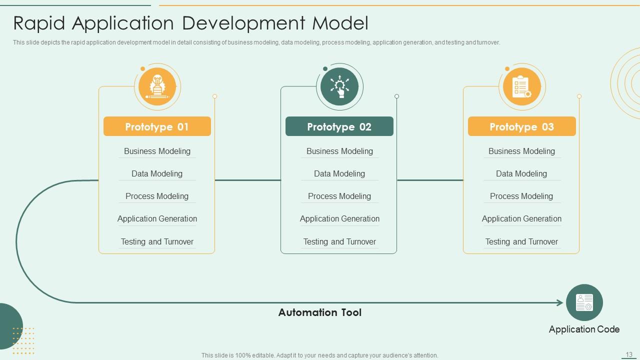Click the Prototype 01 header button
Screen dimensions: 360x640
point(157,126)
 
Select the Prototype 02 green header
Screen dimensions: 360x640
point(339,126)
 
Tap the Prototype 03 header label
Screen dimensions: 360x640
point(521,126)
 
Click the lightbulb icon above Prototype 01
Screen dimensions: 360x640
point(157,86)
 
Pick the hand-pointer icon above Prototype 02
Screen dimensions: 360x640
point(339,86)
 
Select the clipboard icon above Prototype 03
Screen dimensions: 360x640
point(521,86)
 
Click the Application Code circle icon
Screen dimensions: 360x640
point(584,302)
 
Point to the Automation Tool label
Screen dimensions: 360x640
point(319,312)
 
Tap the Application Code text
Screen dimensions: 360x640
point(584,329)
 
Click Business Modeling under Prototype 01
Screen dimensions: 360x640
point(157,151)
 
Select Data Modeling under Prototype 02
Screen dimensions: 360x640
point(339,173)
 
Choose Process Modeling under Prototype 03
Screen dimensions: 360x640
point(521,196)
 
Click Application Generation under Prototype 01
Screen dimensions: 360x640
point(157,218)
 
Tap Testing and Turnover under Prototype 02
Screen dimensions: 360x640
point(339,241)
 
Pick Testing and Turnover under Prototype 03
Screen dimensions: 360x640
point(521,241)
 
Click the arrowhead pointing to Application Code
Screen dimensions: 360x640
point(560,302)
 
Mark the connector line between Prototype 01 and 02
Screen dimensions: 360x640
point(247,180)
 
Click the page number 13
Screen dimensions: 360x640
point(629,354)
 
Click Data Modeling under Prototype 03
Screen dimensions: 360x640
point(521,173)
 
